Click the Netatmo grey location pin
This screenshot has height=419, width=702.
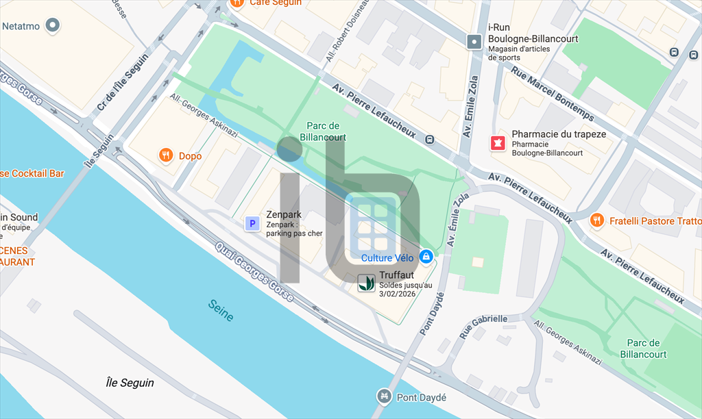53,27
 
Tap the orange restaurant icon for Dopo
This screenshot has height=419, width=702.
165,155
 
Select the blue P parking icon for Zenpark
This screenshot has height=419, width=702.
252,223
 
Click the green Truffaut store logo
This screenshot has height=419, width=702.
366,282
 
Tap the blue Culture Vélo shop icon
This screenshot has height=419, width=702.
426,257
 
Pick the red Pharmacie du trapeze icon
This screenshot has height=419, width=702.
497,143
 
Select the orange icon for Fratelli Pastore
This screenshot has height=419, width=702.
597,220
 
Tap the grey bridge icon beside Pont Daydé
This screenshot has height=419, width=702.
384,396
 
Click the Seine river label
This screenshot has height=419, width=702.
221,310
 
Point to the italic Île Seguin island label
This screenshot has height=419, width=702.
130,383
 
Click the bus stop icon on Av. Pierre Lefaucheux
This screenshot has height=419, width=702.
429,139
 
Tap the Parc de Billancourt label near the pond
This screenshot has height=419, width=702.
323,131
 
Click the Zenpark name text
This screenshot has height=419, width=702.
284,214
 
